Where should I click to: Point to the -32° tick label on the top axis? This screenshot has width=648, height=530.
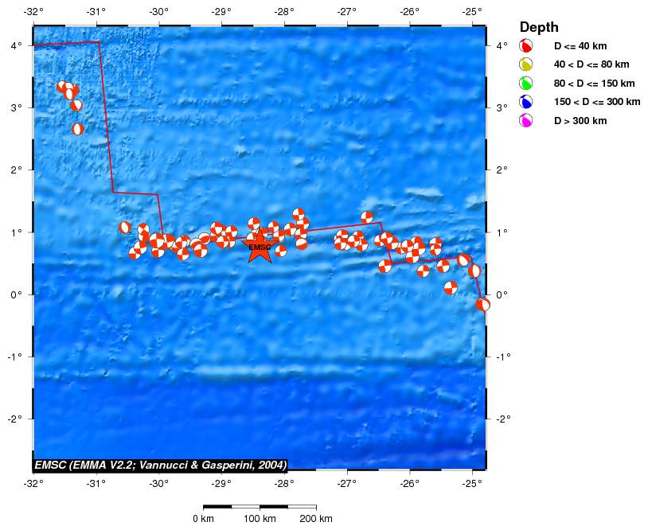click(33, 12)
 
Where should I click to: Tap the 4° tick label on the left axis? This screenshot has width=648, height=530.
click(17, 45)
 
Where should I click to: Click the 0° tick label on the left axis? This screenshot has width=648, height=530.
click(17, 294)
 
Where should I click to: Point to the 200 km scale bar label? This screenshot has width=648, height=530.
click(317, 519)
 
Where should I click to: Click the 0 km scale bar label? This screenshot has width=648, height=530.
click(204, 519)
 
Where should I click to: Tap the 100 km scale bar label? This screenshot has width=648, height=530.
click(260, 519)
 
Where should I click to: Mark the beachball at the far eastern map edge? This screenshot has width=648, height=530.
click(482, 304)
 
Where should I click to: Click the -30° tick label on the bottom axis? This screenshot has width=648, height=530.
click(159, 483)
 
